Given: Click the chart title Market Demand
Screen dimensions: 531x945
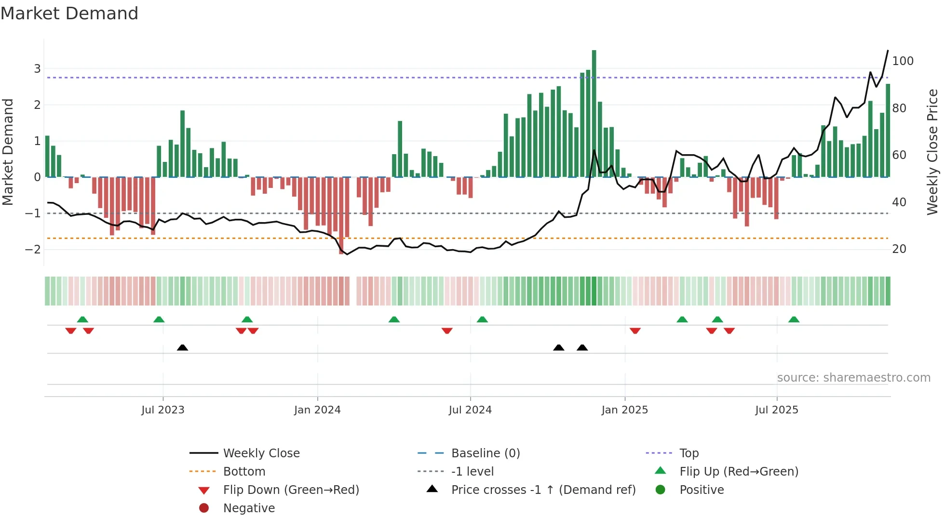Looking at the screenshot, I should pos(69,13).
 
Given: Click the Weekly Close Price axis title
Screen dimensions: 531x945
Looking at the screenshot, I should pos(932,152).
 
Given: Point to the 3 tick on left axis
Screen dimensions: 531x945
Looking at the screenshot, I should pos(37,68).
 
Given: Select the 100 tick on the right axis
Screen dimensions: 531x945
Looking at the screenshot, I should pos(903,61).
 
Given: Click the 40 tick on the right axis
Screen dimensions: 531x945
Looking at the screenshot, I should pos(899,202).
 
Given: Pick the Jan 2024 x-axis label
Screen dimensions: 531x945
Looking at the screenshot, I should pos(317,410).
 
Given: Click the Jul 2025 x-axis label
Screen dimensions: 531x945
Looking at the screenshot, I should pos(777,410).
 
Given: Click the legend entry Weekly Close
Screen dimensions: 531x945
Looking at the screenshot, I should pos(261,453).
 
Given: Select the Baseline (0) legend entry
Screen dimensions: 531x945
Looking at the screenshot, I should pos(486,453).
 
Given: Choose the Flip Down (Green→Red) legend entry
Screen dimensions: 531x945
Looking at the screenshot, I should pos(291,490).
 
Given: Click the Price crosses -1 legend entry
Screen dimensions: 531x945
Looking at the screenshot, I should pos(543,490).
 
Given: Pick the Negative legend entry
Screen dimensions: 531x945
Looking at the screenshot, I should pos(249,508).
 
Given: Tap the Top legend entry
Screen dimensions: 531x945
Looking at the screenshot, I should pos(689,453).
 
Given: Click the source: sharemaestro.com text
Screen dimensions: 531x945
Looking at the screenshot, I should pos(853,377).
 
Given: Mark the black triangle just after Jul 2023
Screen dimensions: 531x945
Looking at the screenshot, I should pos(182,347).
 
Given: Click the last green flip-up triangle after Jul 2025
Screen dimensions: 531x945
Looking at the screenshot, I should pos(794,319).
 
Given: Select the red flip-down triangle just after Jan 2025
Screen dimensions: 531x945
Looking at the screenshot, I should pos(635,331).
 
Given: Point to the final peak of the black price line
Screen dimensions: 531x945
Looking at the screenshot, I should pos(888,51).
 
